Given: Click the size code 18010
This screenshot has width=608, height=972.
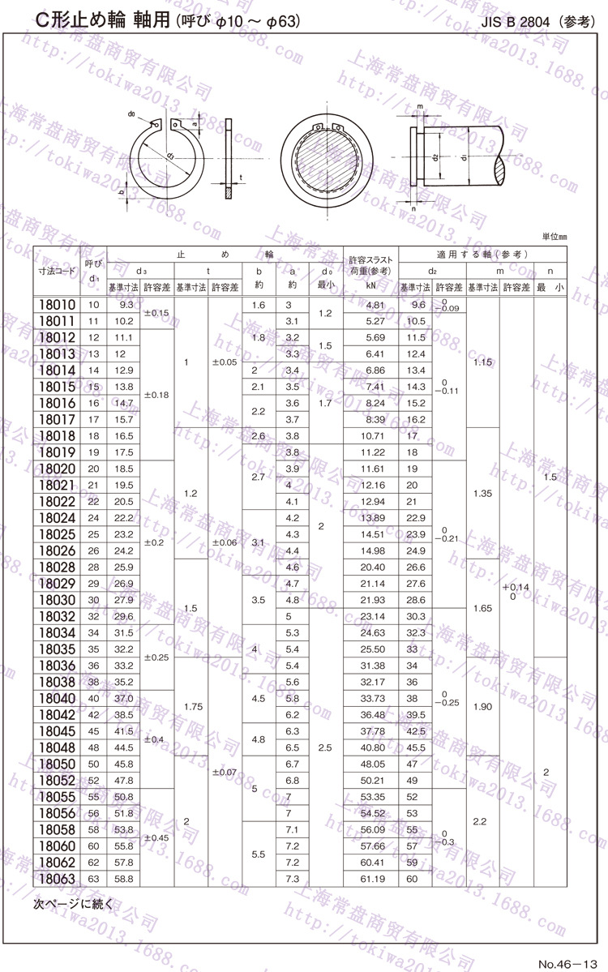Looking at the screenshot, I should [57, 305].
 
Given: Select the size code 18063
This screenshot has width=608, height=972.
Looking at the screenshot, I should [57, 879].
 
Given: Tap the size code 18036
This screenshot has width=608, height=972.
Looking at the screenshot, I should [57, 666].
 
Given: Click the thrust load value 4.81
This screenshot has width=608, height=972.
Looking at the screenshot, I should [375, 305].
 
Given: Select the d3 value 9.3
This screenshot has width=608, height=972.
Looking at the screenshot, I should [126, 305].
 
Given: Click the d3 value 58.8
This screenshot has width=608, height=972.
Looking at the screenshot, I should [126, 879].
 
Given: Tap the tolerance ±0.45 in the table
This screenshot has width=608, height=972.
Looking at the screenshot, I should [156, 837].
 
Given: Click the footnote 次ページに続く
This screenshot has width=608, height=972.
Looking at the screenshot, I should [74, 902].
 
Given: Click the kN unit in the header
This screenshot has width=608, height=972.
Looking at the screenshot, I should [371, 287].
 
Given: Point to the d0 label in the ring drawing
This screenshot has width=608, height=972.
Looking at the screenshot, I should [131, 115].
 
